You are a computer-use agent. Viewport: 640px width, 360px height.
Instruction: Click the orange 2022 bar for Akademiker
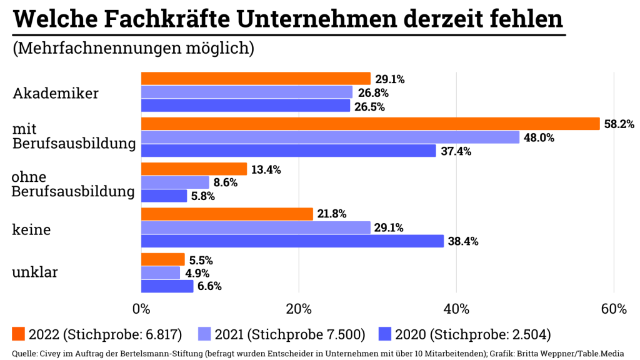click(256, 79)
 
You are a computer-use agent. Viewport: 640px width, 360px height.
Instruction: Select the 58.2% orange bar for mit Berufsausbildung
click(370, 124)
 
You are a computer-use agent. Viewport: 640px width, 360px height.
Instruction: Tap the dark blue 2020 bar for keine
click(292, 241)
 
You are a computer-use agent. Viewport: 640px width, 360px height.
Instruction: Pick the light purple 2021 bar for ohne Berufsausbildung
click(175, 182)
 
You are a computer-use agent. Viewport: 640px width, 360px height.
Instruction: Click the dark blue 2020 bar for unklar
click(167, 286)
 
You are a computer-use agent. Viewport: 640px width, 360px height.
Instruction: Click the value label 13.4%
click(266, 169)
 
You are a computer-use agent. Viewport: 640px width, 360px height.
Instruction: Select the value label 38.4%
click(463, 241)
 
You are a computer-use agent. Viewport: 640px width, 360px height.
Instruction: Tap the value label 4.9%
click(197, 273)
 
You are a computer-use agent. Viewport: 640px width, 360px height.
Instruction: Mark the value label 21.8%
click(332, 214)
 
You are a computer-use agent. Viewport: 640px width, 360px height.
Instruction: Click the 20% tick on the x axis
click(299, 309)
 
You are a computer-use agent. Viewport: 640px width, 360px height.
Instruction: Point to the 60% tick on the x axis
click(614, 309)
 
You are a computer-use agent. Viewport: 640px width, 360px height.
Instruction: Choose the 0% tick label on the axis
click(141, 309)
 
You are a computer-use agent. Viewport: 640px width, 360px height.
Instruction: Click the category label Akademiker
click(56, 94)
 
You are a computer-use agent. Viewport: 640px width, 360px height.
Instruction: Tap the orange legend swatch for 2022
click(19, 334)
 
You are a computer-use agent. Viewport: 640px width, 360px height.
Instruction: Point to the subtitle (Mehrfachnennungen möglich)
click(133, 49)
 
